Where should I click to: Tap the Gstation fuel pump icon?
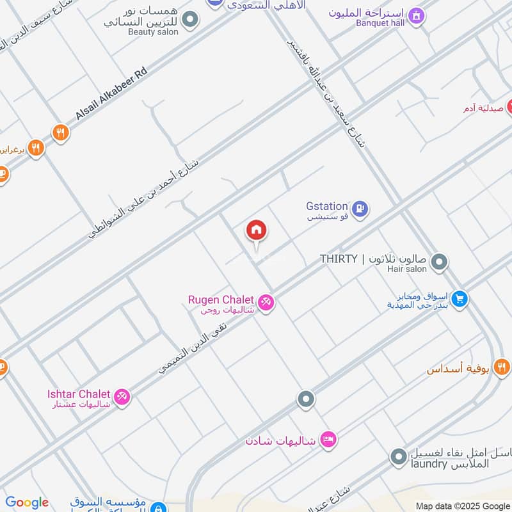pyautogui.click(x=361, y=209)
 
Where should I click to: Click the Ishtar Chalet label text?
pyautogui.click(x=79, y=394)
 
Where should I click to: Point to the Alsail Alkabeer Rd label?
pyautogui.click(x=111, y=93)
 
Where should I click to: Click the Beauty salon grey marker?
pyautogui.click(x=189, y=20)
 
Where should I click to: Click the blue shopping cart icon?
pyautogui.click(x=459, y=299)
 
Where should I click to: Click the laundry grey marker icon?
pyautogui.click(x=399, y=457)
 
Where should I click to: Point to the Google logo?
pyautogui.click(x=27, y=502)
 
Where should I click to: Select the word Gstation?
pyautogui.click(x=327, y=206)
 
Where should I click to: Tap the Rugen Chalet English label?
pyautogui.click(x=221, y=300)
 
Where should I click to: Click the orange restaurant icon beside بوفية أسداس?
pyautogui.click(x=502, y=367)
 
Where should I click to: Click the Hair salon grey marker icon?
pyautogui.click(x=439, y=262)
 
